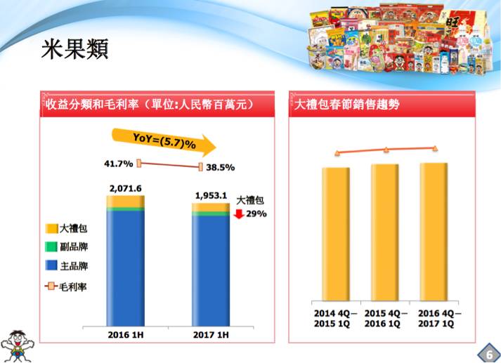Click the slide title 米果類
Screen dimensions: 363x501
pos(75,48)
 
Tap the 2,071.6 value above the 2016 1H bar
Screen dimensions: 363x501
pos(126,188)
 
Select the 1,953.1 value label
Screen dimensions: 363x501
pos(210,195)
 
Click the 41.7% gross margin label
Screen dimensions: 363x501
pos(117,164)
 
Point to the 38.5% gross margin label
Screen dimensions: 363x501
pos(221,168)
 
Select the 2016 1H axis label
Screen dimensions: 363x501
pos(125,335)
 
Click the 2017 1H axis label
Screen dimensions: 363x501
pos(211,335)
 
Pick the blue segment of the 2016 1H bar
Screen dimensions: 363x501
pos(125,267)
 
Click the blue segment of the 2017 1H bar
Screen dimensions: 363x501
pos(211,270)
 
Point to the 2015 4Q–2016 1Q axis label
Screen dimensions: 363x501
pos(386,319)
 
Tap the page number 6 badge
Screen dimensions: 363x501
pos(487,352)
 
